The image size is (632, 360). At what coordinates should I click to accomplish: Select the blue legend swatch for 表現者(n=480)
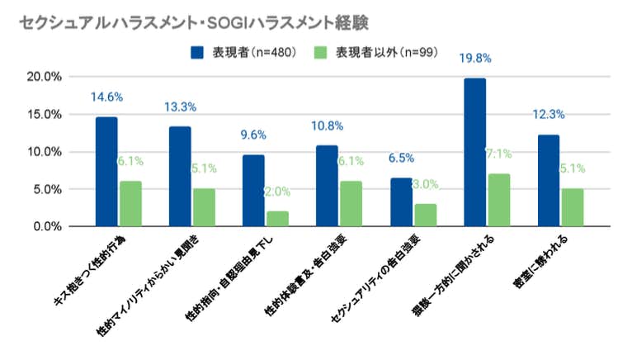(x=200, y=54)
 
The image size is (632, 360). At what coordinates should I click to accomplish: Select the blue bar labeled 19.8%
(x=474, y=152)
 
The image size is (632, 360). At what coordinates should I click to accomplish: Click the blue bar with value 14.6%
(x=106, y=172)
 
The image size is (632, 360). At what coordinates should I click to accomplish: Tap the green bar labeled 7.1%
(x=499, y=200)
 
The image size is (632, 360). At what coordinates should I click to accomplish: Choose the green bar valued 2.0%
(x=278, y=219)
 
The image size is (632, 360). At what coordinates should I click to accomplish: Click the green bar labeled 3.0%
(x=426, y=215)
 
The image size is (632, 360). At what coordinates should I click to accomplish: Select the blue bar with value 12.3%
(x=549, y=180)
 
